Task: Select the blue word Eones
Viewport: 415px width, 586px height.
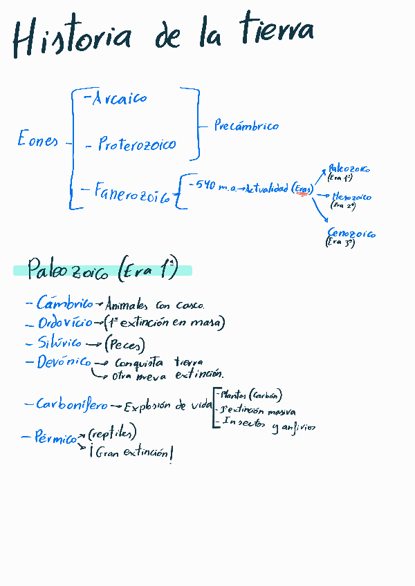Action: [x=38, y=140]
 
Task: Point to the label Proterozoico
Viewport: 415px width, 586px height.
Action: [x=136, y=144]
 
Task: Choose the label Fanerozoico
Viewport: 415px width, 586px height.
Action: [x=132, y=193]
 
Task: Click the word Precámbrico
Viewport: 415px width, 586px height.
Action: [x=246, y=126]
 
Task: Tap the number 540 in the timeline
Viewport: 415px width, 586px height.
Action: [x=206, y=185]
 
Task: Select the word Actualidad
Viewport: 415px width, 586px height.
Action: [x=266, y=189]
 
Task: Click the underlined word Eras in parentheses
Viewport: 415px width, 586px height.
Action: [x=302, y=189]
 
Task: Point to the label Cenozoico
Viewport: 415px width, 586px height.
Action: [x=351, y=234]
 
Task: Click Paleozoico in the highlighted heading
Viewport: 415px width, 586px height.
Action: [x=68, y=271]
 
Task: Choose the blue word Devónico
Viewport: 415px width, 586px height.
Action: [x=64, y=361]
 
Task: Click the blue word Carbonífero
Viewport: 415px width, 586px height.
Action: [x=72, y=405]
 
